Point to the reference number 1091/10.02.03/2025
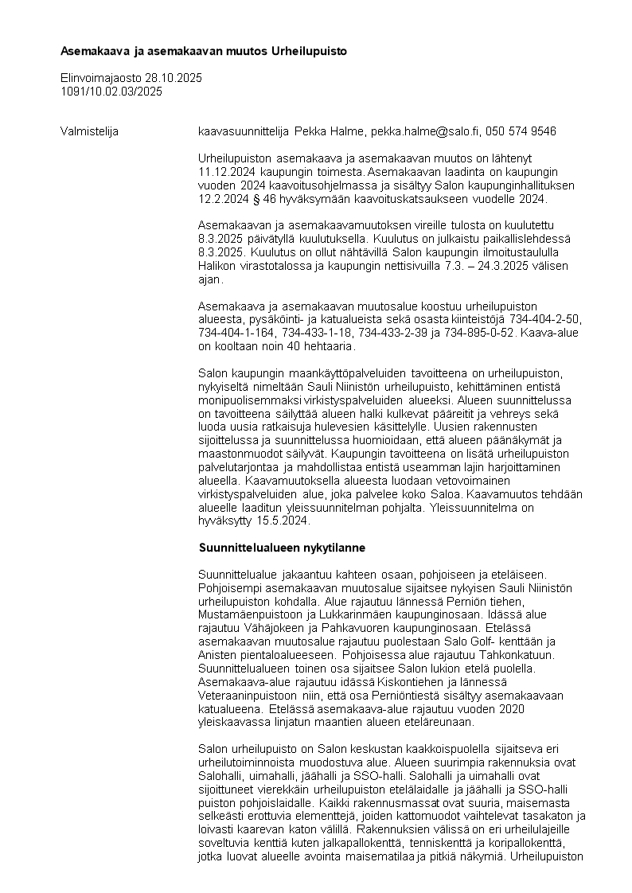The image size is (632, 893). click(111, 92)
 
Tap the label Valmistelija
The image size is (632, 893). click(89, 131)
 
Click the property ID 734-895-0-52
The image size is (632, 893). click(481, 333)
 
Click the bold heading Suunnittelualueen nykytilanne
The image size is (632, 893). click(281, 548)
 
